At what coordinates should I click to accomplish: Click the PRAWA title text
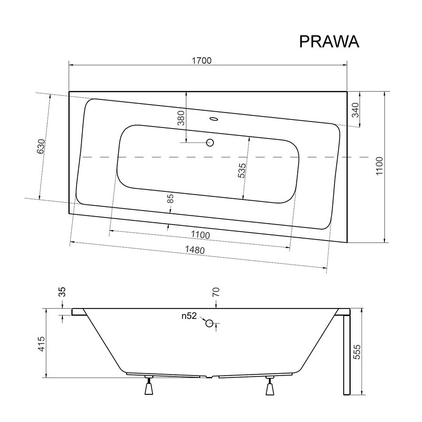coord(329,42)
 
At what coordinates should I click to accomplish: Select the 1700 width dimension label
coord(202,60)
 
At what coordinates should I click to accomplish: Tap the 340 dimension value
coord(355,110)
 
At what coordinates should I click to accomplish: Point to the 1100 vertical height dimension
coord(379,166)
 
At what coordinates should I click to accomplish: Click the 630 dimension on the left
coord(41,146)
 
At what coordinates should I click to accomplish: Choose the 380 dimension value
coord(181,118)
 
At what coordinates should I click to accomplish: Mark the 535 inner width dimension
coord(242,170)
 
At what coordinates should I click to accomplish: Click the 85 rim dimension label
coord(170,198)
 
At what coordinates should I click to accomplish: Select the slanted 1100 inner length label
coord(201,235)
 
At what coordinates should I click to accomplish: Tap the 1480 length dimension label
coord(195,250)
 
